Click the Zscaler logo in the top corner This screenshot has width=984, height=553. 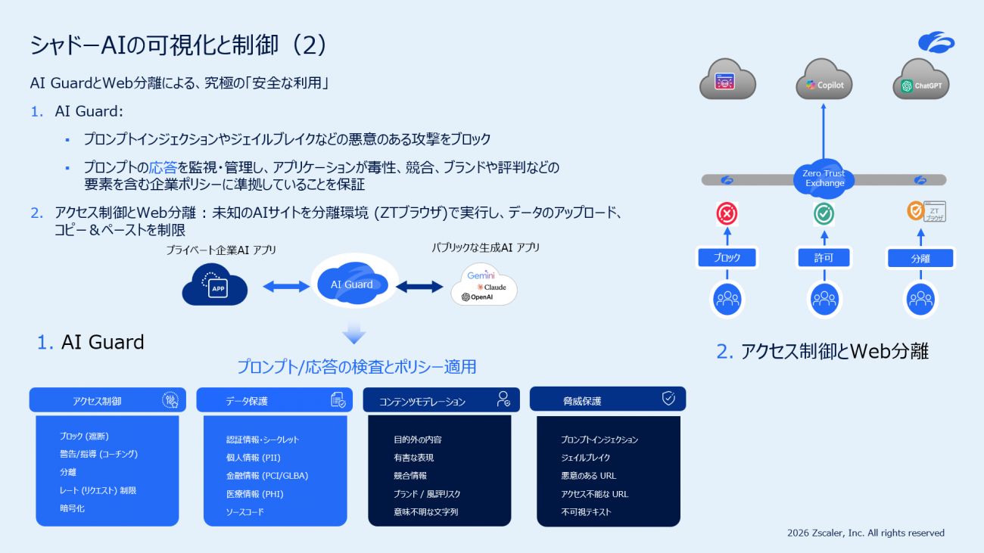point(936,43)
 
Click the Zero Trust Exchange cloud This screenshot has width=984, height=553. point(824,178)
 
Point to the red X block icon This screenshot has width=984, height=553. point(727,215)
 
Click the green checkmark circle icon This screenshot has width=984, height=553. point(824,215)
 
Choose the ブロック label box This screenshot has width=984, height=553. point(727,258)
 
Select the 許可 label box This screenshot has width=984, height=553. point(824,259)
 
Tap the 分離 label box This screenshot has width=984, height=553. point(920,259)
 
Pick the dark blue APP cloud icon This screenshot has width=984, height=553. point(216,285)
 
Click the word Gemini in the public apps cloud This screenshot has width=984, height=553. point(481,275)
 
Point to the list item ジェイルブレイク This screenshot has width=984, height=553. point(586,458)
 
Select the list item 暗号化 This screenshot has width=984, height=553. point(73,509)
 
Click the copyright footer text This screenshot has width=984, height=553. point(865,533)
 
